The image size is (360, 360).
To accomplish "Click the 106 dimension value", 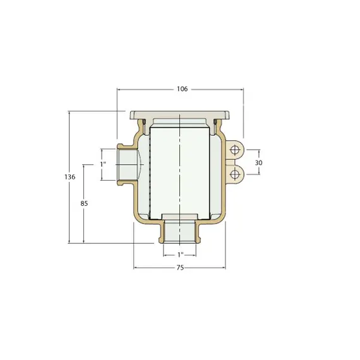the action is [x=183, y=89].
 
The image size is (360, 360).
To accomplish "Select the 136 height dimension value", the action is [x=70, y=177].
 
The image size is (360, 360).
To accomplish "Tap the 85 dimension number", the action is [x=84, y=203].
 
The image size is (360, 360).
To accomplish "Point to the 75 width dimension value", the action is [x=180, y=268].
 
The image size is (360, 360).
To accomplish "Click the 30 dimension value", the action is [x=259, y=163].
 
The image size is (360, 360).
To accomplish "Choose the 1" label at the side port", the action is [x=103, y=164].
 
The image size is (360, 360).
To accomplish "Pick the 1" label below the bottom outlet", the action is [x=181, y=255].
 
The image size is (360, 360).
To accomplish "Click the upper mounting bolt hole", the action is [x=234, y=150].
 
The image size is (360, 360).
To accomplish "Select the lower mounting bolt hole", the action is [x=234, y=174].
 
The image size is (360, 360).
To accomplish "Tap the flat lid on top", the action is [x=179, y=115].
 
